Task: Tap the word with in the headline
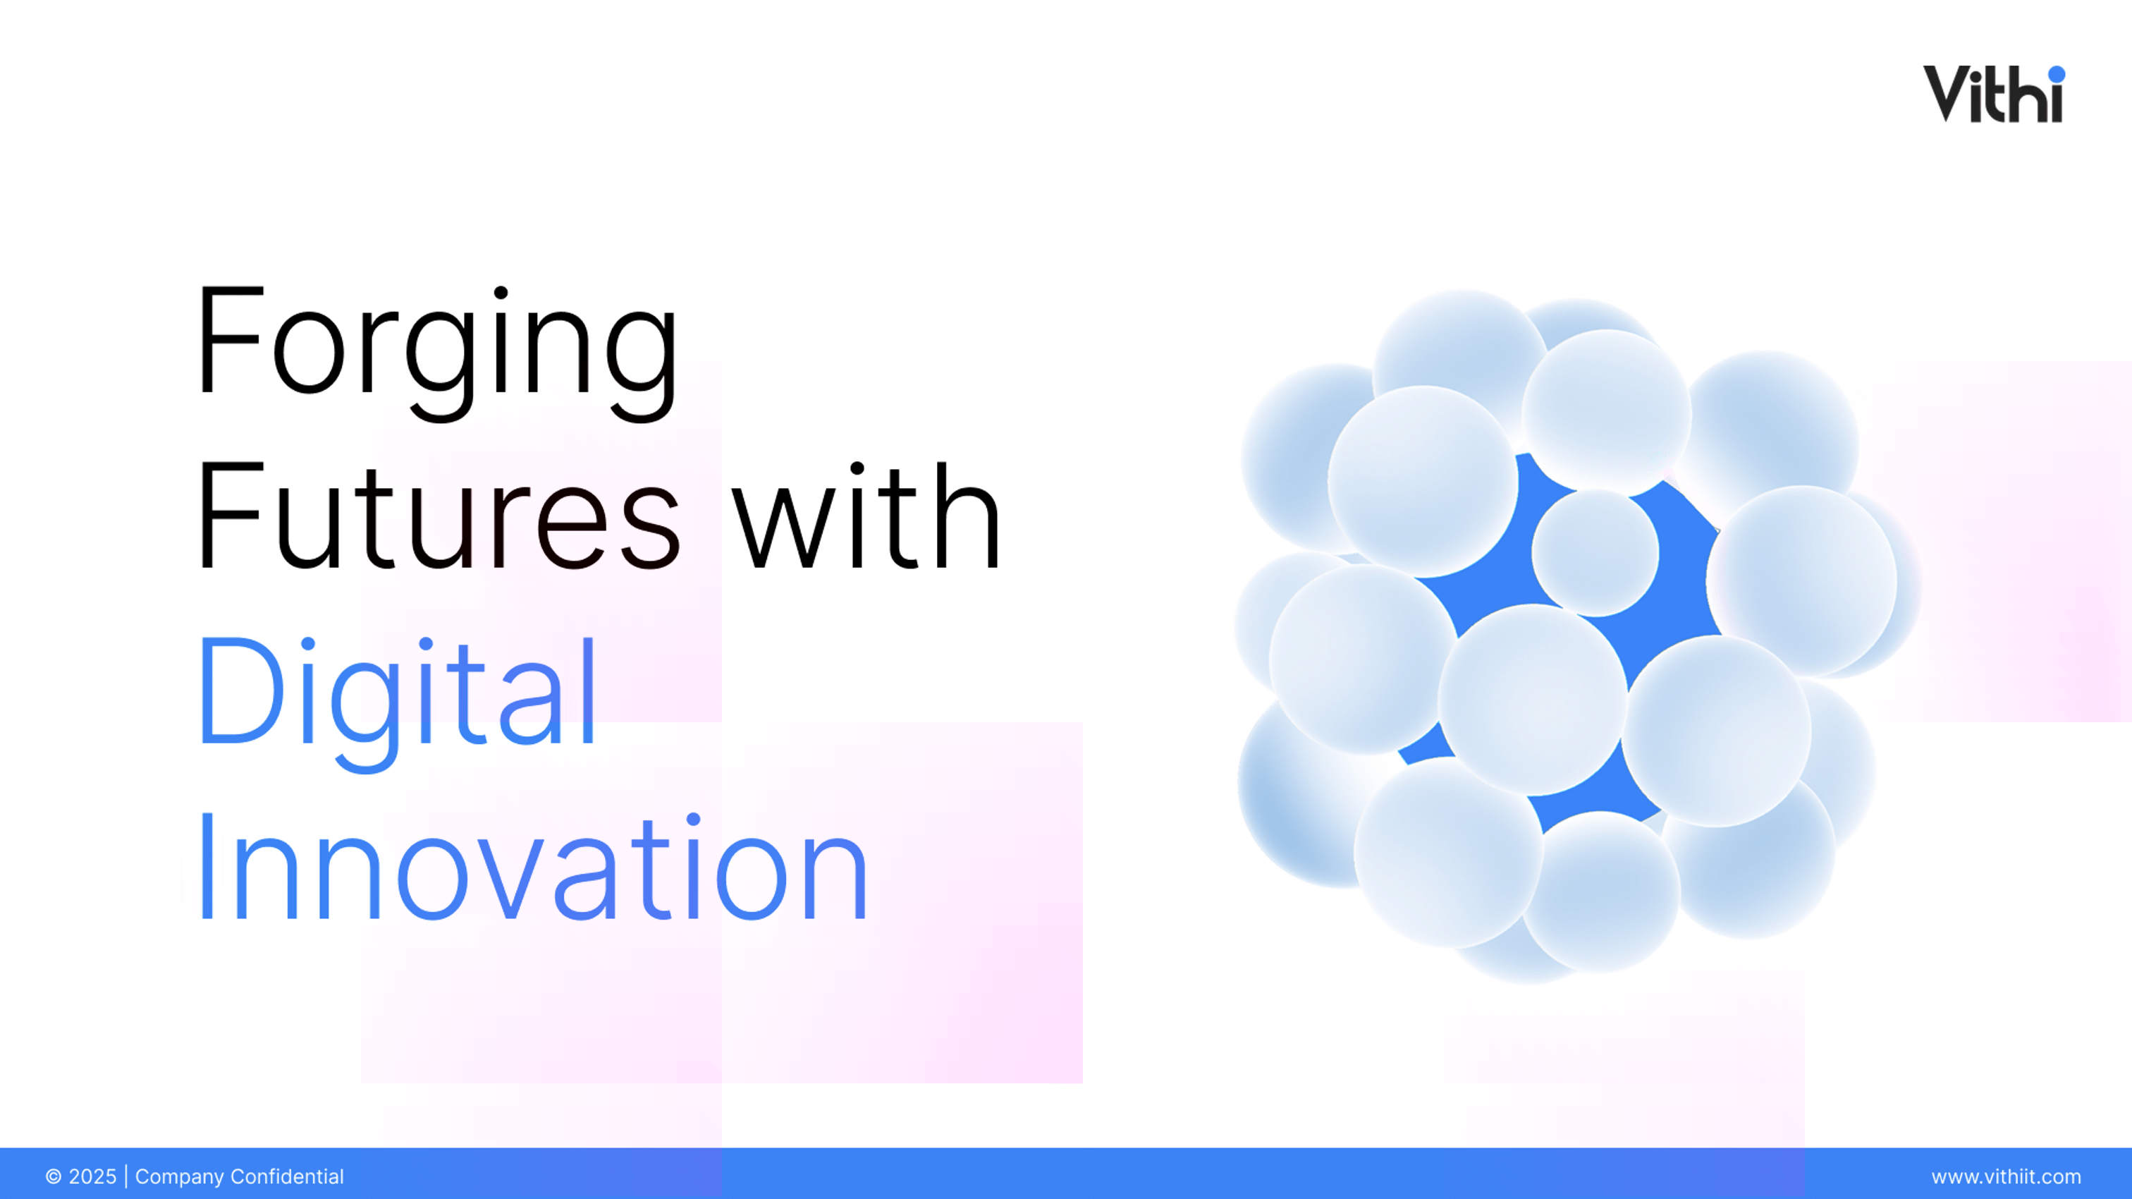click(x=867, y=514)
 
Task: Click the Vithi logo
click(x=1994, y=94)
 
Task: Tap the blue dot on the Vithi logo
click(x=2057, y=75)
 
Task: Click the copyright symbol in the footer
click(x=54, y=1176)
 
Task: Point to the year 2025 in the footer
click(x=92, y=1176)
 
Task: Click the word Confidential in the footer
click(x=287, y=1176)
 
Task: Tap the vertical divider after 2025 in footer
click(x=125, y=1176)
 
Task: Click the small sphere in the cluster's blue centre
click(x=1595, y=552)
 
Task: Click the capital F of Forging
click(x=232, y=339)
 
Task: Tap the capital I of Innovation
click(x=207, y=866)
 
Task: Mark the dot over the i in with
click(x=857, y=469)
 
